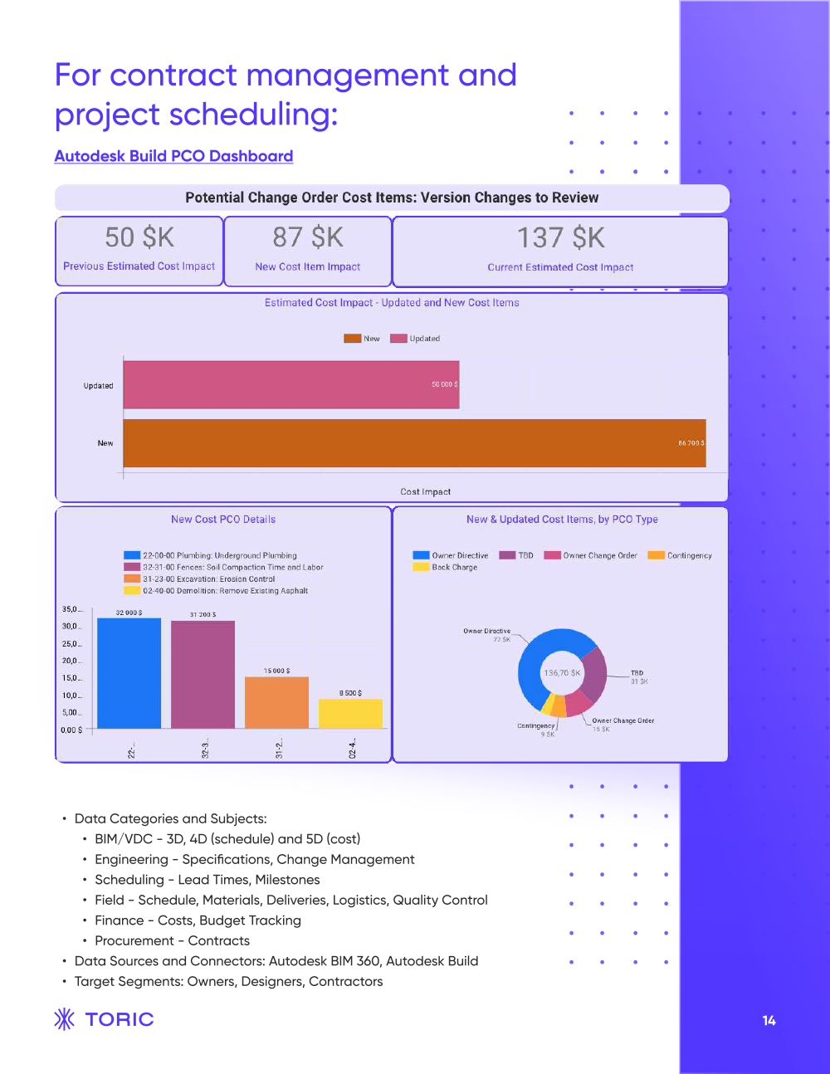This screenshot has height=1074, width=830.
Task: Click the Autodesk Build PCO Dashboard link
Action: tap(173, 156)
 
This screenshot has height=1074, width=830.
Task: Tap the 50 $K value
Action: tap(139, 237)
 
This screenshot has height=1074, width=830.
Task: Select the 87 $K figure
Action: tap(308, 237)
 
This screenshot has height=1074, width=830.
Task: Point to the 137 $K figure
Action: tap(561, 238)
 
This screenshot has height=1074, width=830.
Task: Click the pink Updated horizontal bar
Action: tap(290, 384)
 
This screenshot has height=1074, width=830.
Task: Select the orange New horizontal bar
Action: tap(413, 443)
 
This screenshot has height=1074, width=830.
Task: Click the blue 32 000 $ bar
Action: tap(129, 673)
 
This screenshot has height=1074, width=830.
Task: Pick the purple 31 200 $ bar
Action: tap(203, 674)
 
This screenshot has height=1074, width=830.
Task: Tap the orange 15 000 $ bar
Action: tap(276, 702)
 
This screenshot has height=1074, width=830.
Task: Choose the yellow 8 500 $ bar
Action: tap(350, 714)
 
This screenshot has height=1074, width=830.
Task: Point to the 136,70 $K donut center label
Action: tap(562, 673)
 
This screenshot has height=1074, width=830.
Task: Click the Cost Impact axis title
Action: tap(425, 491)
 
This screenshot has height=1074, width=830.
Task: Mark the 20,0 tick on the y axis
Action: tap(71, 661)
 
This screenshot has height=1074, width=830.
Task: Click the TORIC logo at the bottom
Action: tap(105, 1019)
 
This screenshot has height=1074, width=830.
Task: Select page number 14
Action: tap(769, 1021)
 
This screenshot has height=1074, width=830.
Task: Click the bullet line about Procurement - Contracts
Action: tap(172, 940)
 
